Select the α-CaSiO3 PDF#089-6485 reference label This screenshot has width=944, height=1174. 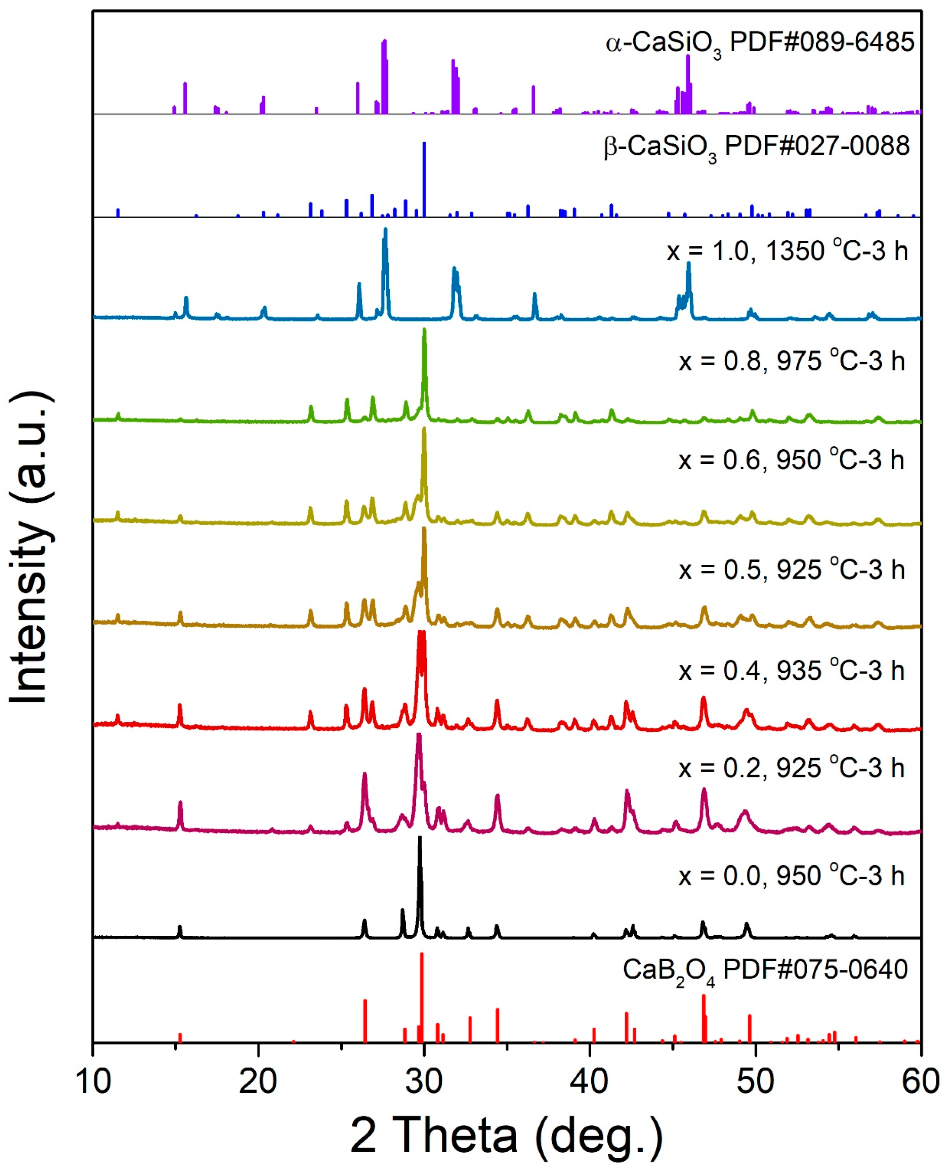click(760, 44)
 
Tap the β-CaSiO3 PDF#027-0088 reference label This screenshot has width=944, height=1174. click(757, 147)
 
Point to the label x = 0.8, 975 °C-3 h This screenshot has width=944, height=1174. click(792, 360)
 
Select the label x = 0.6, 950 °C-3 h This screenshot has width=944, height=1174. click(791, 460)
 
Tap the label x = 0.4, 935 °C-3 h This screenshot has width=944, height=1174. click(792, 670)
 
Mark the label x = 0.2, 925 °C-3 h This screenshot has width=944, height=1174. click(792, 768)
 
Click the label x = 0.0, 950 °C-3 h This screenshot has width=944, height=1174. click(792, 876)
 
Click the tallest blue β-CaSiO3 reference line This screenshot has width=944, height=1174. click(424, 180)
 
